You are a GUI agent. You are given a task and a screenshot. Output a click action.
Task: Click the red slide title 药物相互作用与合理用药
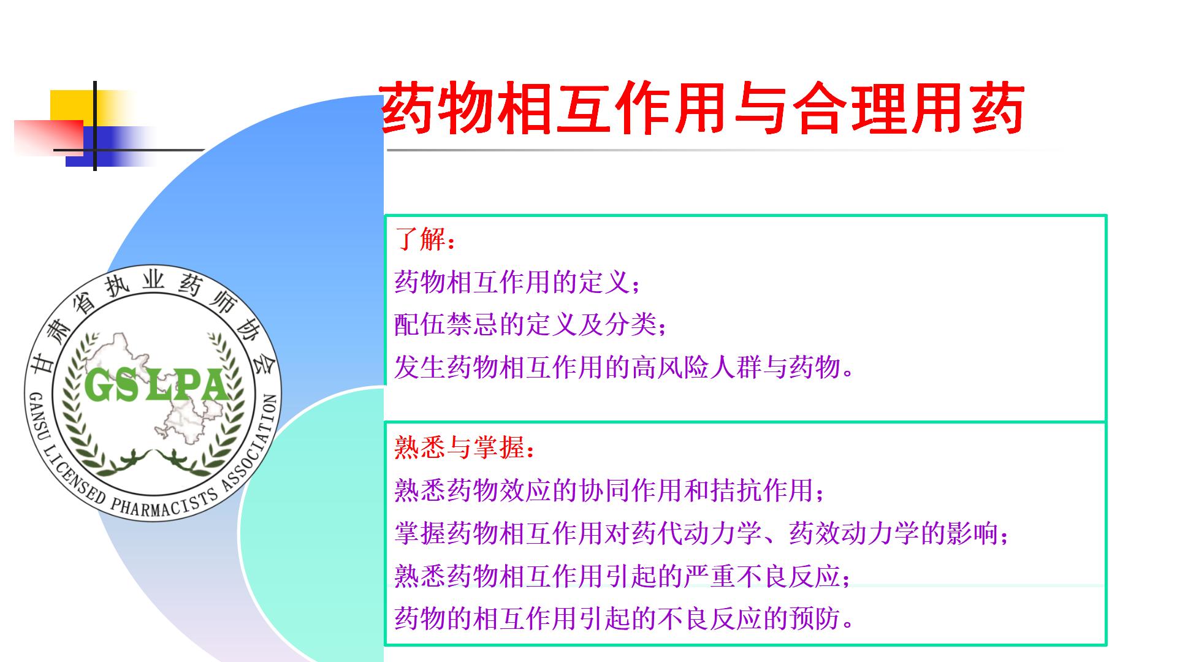[703, 109]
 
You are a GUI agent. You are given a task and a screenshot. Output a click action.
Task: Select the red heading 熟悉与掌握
[460, 448]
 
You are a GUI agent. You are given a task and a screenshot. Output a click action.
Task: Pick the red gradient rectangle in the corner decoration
[49, 138]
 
